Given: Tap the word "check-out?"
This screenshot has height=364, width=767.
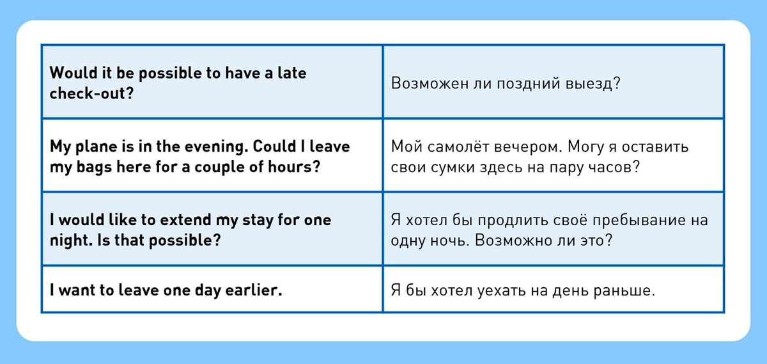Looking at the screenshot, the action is tap(91, 93).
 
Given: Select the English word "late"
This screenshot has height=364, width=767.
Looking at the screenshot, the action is tap(291, 73).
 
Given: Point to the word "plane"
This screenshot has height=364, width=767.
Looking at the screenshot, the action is tap(96, 147).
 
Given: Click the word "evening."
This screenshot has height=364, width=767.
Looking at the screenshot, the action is tap(216, 147).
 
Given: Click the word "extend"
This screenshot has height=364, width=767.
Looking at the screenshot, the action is tap(185, 219).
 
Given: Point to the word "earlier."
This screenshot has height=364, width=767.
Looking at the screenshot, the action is tap(254, 290).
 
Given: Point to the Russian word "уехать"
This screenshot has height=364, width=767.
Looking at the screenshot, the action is tap(501, 290).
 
